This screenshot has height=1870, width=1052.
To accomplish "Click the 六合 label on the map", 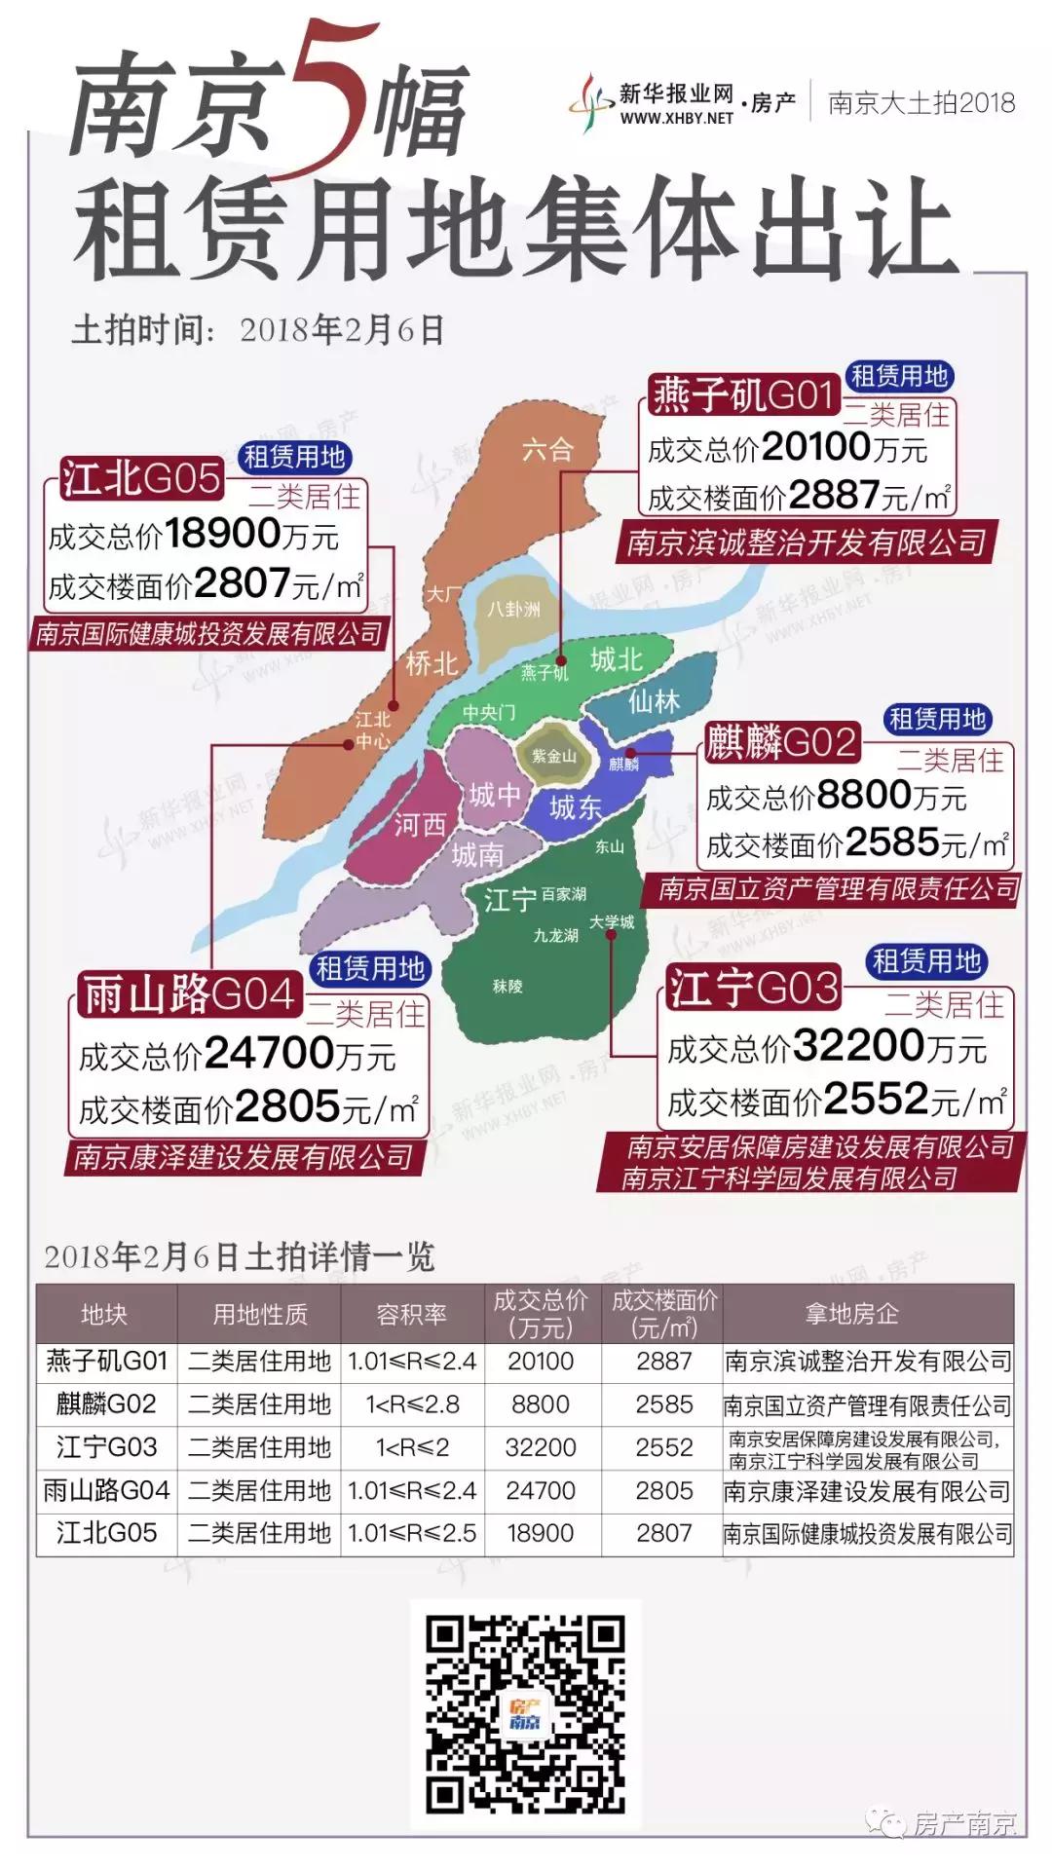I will (x=547, y=449).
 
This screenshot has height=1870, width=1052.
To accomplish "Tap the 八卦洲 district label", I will (x=513, y=609).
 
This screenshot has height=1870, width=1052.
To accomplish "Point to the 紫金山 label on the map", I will (x=553, y=756).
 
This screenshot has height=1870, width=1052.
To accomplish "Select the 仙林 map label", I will (x=654, y=701).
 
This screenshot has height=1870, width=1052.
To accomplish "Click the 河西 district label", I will (x=420, y=826).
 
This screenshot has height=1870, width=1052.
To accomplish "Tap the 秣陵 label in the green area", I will (x=507, y=987).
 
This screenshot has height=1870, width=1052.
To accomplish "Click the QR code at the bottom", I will (x=525, y=1713).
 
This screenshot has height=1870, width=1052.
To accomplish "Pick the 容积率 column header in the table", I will (x=412, y=1314).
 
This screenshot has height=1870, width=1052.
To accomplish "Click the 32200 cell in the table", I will (x=541, y=1447).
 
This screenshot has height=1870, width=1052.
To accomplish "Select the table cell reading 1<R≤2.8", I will (x=412, y=1404).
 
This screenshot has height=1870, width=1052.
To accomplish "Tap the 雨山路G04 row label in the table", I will (x=106, y=1490).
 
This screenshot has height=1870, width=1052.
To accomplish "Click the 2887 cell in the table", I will (x=664, y=1362).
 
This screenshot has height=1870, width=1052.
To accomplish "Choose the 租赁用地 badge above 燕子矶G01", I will (x=898, y=376).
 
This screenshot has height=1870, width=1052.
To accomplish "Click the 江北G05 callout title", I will (x=141, y=478).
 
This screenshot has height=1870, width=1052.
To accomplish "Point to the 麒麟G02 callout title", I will (x=782, y=742).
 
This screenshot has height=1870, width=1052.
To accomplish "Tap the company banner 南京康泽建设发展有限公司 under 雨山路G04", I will (x=244, y=1157).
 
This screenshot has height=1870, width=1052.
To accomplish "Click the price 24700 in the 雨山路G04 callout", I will (x=270, y=1053).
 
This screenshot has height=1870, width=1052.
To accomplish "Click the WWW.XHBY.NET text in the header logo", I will (x=676, y=118).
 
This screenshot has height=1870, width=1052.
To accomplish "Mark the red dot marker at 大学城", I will (x=611, y=935).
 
